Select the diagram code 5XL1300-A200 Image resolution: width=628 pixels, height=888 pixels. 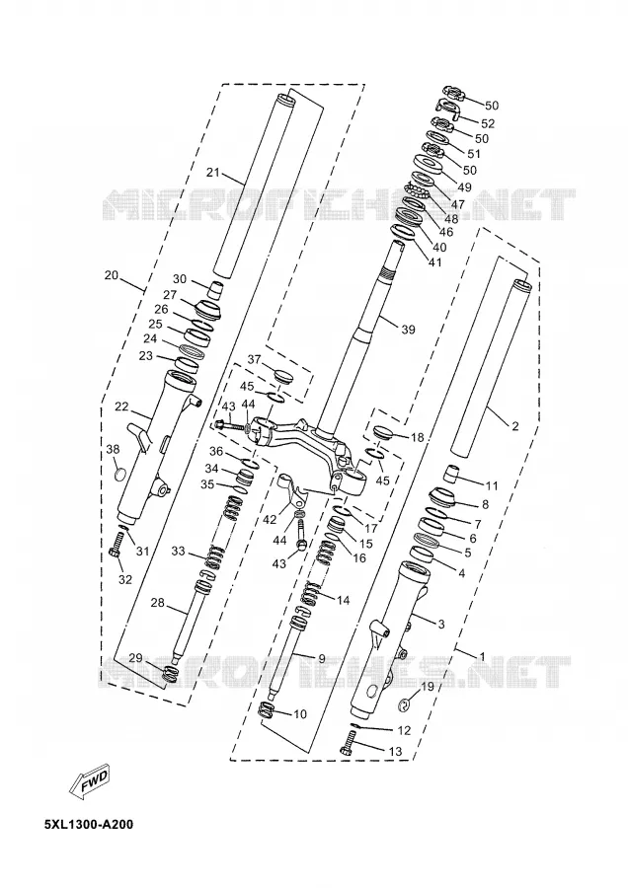coord(89,824)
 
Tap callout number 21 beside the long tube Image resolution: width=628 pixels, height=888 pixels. coord(212,173)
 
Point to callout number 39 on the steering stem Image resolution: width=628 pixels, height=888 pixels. coord(408,329)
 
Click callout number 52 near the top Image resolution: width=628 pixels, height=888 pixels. coord(488,123)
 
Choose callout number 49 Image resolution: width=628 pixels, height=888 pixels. coord(464,186)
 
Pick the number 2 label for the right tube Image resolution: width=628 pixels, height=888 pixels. coord(514,426)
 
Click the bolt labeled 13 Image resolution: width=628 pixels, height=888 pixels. coord(348,742)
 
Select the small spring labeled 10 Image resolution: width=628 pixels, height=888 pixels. coord(267,709)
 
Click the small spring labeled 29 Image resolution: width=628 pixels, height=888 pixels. coord(170,674)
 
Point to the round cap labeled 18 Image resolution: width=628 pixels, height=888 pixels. coord(383,433)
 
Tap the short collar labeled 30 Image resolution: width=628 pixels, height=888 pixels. coord(214,289)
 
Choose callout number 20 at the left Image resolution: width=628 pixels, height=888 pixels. coord(112,276)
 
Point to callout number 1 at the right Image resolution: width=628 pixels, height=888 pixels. coord(482,657)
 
